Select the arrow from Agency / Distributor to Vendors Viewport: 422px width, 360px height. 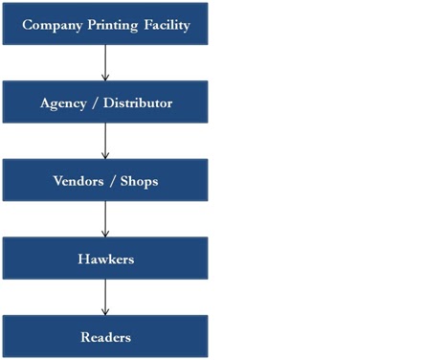105,141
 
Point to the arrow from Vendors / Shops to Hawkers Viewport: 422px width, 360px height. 105,219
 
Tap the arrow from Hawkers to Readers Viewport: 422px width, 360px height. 105,298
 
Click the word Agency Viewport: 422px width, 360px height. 62,101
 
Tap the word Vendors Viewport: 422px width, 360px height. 73,180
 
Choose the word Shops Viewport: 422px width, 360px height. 138,180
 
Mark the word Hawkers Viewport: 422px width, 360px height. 105,259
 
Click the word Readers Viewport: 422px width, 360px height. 105,337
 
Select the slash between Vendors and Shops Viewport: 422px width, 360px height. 110,180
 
